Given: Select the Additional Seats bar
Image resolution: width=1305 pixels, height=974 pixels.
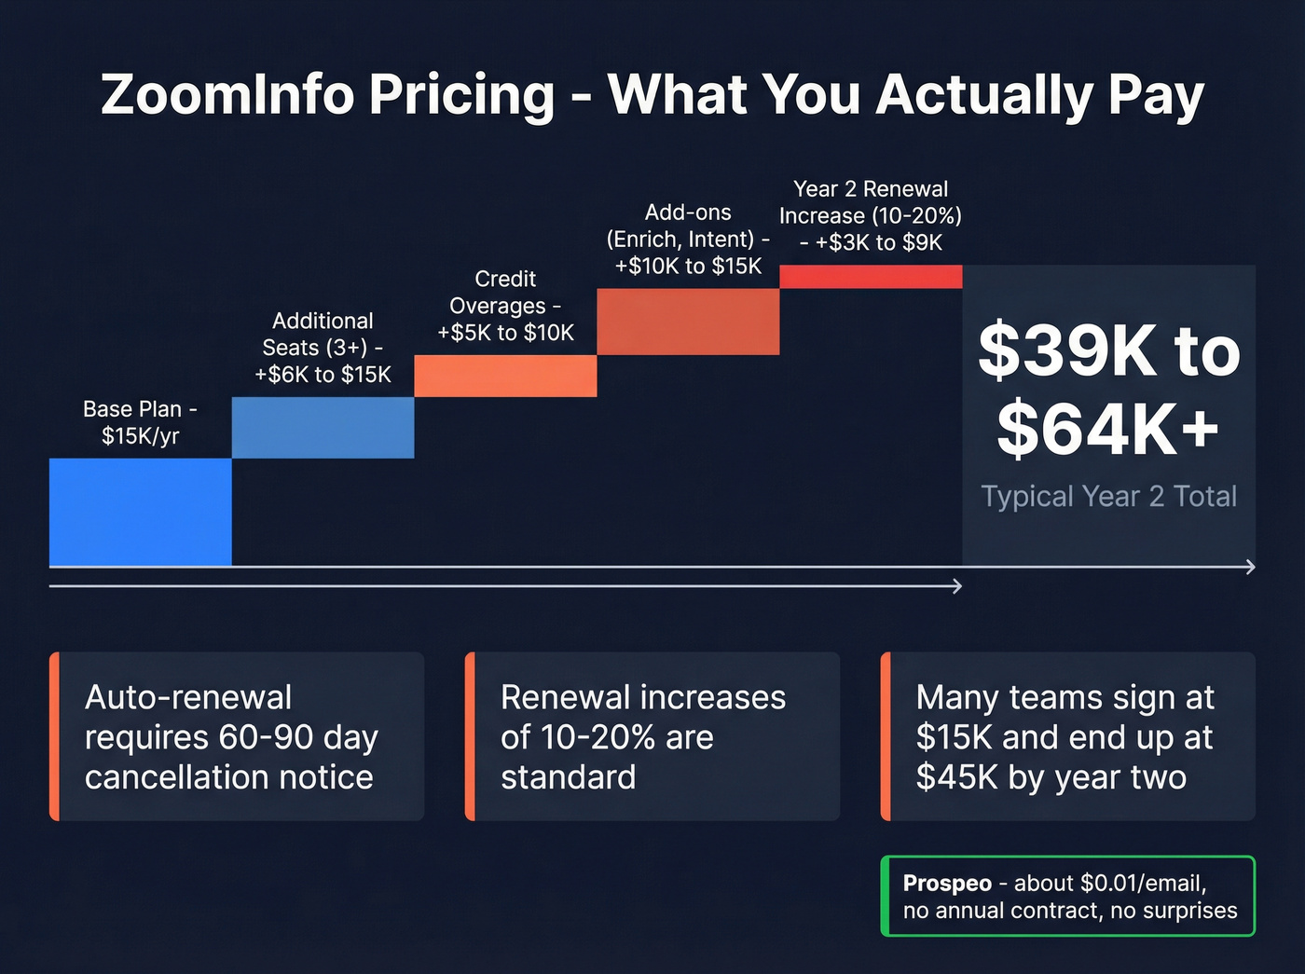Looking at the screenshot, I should [323, 428].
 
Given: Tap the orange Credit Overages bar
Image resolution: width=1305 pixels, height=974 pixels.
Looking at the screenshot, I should [505, 376].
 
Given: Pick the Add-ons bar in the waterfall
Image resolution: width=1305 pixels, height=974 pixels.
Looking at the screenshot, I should [688, 322].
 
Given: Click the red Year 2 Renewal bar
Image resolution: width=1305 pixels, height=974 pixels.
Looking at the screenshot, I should [871, 277].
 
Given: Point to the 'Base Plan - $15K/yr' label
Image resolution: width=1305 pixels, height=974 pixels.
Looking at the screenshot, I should [140, 422].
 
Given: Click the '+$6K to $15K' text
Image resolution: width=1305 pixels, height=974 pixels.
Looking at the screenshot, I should [323, 375].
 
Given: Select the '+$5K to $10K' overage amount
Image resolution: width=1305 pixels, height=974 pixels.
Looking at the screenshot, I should [505, 333].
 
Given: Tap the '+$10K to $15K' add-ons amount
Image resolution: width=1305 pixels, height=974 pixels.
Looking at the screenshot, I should [688, 267].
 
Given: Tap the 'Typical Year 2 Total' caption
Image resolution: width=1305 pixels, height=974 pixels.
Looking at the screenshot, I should [1108, 497].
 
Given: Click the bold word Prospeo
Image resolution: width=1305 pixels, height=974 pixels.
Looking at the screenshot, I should [947, 884].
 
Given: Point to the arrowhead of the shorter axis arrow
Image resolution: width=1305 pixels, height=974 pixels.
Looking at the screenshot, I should [957, 586].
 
